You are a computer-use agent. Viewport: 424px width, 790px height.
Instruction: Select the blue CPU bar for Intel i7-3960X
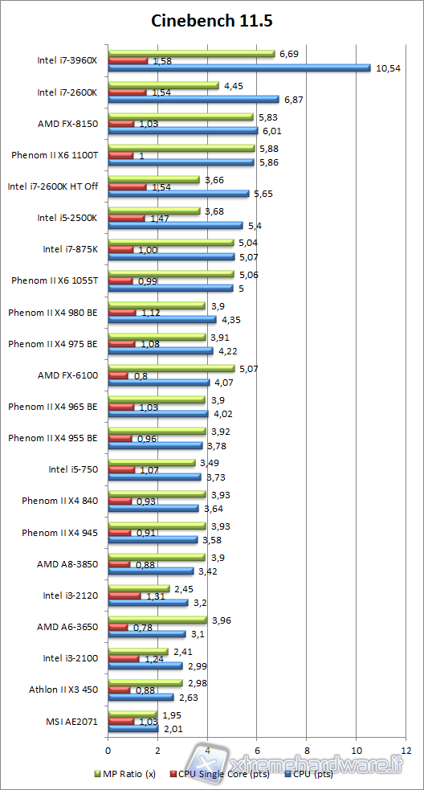[x=238, y=68]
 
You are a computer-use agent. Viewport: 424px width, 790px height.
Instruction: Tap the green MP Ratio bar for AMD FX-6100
[x=171, y=368]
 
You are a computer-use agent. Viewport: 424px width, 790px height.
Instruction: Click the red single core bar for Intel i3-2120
[x=124, y=596]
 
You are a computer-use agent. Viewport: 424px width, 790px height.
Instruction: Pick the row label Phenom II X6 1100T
[x=55, y=155]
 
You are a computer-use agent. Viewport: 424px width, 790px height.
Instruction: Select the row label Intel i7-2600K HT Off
[x=53, y=186]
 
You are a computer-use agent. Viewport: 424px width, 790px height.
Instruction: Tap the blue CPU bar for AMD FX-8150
[x=182, y=131]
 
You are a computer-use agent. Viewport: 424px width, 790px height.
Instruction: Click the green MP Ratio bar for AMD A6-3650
[x=157, y=620]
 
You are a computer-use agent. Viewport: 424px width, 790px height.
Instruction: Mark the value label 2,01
[x=172, y=729]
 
